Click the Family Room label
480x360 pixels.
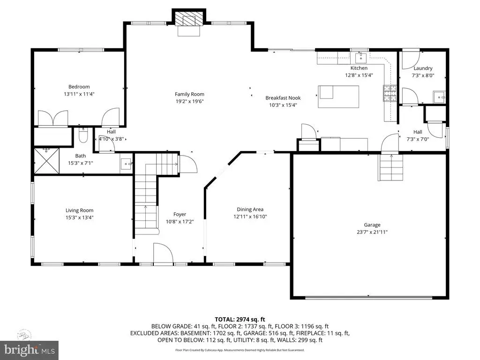tap(189, 94)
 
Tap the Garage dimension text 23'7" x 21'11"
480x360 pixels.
tap(372, 232)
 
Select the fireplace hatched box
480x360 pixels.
tap(189, 19)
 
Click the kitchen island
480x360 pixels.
tap(338, 97)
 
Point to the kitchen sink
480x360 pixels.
tap(361, 57)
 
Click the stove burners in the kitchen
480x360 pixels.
tap(390, 93)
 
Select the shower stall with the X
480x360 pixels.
tap(46, 161)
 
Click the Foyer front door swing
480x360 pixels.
tap(163, 253)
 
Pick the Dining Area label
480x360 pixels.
tap(250, 210)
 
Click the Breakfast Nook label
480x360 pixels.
tap(283, 98)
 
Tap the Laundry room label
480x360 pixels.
tap(423, 68)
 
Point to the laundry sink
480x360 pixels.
tap(439, 97)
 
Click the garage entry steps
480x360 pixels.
tap(391, 167)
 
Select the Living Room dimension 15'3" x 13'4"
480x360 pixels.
tap(79, 217)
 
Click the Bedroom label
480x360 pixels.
tap(79, 87)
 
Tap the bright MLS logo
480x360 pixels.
tap(29, 350)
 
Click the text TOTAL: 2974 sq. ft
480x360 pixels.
tap(240, 320)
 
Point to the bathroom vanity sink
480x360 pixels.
tap(126, 164)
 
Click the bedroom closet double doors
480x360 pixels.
tap(52, 118)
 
